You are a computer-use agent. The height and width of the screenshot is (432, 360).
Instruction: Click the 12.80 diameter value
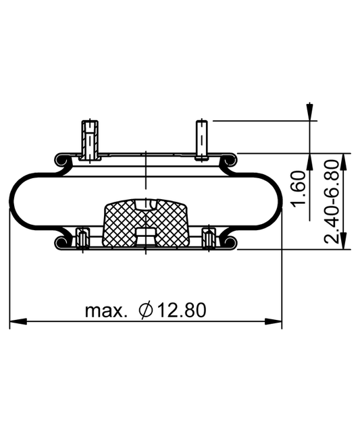tap(182, 310)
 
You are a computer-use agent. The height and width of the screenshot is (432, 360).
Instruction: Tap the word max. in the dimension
tap(106, 310)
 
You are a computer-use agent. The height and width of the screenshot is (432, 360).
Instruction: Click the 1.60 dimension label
tap(299, 189)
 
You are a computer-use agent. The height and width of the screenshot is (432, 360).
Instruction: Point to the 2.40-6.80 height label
tap(331, 202)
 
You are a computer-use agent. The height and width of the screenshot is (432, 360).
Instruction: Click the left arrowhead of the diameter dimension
tap(18, 321)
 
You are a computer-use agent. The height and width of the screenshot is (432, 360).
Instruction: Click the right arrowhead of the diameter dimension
tap(273, 321)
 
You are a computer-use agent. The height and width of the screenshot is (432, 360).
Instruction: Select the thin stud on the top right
tap(202, 140)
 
